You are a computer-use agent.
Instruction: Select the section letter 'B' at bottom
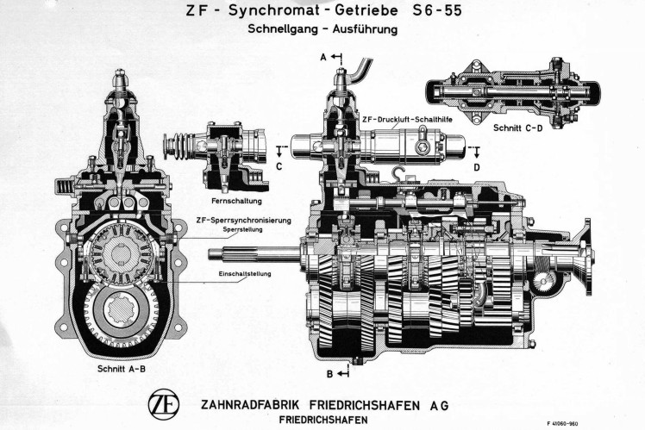329,373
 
